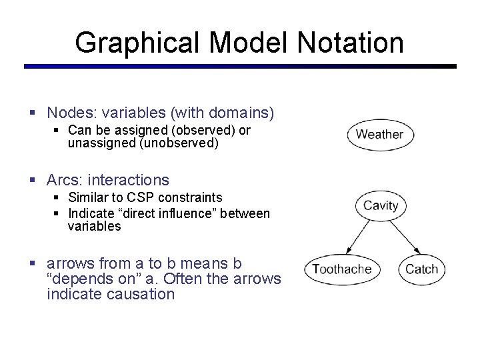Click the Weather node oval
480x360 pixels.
[x=380, y=134]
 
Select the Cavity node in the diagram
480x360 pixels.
[x=381, y=205]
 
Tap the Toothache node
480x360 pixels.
[x=341, y=269]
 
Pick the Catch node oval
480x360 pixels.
[x=421, y=269]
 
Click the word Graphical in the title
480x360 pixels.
[x=137, y=43]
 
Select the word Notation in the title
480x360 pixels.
[x=351, y=43]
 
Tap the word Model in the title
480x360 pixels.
[x=250, y=43]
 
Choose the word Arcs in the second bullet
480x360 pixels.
[x=61, y=180]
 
